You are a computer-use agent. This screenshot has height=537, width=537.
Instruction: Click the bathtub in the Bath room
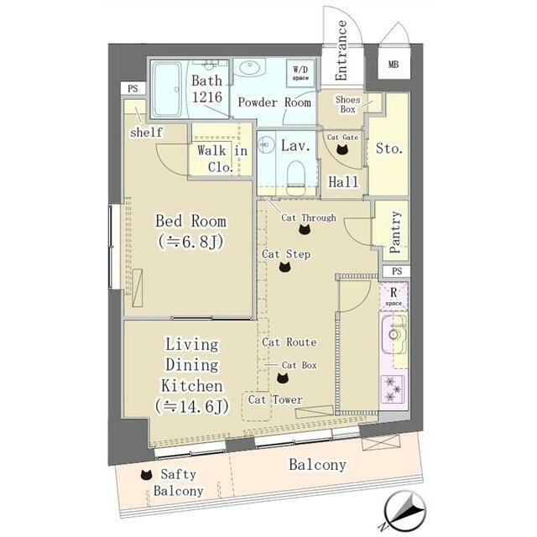tap(167, 90)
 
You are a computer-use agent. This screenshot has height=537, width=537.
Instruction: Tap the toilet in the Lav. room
tap(296, 177)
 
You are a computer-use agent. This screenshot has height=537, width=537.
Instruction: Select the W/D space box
tap(300, 73)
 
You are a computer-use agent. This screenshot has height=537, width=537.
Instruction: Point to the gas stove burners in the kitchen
tap(393, 388)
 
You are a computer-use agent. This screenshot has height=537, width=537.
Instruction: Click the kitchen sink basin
tap(394, 335)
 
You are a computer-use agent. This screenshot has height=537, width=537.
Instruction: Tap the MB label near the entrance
tap(394, 64)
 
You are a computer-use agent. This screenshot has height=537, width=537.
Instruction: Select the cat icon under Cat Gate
tap(341, 149)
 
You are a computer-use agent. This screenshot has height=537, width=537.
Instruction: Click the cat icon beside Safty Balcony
tap(146, 474)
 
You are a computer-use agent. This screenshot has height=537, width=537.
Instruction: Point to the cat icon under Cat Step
tap(284, 267)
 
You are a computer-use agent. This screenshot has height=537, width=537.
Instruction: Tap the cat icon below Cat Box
tap(283, 378)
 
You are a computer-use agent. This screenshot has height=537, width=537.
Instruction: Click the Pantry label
tap(395, 232)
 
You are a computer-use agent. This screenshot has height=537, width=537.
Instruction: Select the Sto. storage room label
tap(389, 149)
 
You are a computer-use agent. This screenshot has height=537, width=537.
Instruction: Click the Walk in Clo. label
tap(222, 159)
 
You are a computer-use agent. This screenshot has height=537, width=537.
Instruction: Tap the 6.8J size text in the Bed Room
tap(190, 242)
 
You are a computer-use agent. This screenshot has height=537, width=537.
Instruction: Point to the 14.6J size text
tap(192, 406)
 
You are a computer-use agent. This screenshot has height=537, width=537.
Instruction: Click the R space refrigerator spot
tap(394, 296)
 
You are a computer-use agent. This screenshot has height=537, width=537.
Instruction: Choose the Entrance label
tap(341, 50)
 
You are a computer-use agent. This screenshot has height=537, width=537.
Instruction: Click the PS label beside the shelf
tap(133, 89)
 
